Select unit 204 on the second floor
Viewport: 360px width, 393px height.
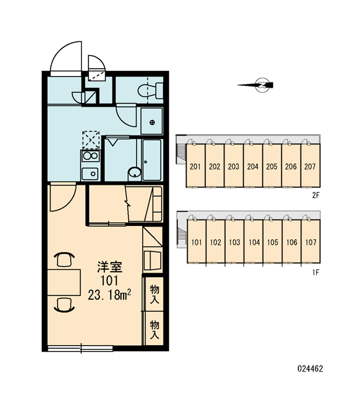253,166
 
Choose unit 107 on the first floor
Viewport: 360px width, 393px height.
311,242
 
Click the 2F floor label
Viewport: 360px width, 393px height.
316,195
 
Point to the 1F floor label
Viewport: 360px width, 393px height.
316,272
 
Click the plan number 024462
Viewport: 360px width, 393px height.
310,369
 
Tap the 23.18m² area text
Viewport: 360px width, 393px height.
109,295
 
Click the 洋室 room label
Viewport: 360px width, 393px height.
110,267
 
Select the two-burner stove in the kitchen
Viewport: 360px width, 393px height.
90,156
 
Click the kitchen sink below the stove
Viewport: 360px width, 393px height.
90,173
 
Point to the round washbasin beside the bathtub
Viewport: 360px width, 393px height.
135,173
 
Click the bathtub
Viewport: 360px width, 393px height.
152,160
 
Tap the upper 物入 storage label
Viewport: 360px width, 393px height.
154,294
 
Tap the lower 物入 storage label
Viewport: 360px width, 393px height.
154,329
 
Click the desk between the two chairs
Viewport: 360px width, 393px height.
64,282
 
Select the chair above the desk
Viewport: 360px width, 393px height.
64,259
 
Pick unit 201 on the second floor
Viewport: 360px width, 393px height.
196,166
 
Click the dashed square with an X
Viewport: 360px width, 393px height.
91,140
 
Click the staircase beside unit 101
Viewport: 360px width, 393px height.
182,233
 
